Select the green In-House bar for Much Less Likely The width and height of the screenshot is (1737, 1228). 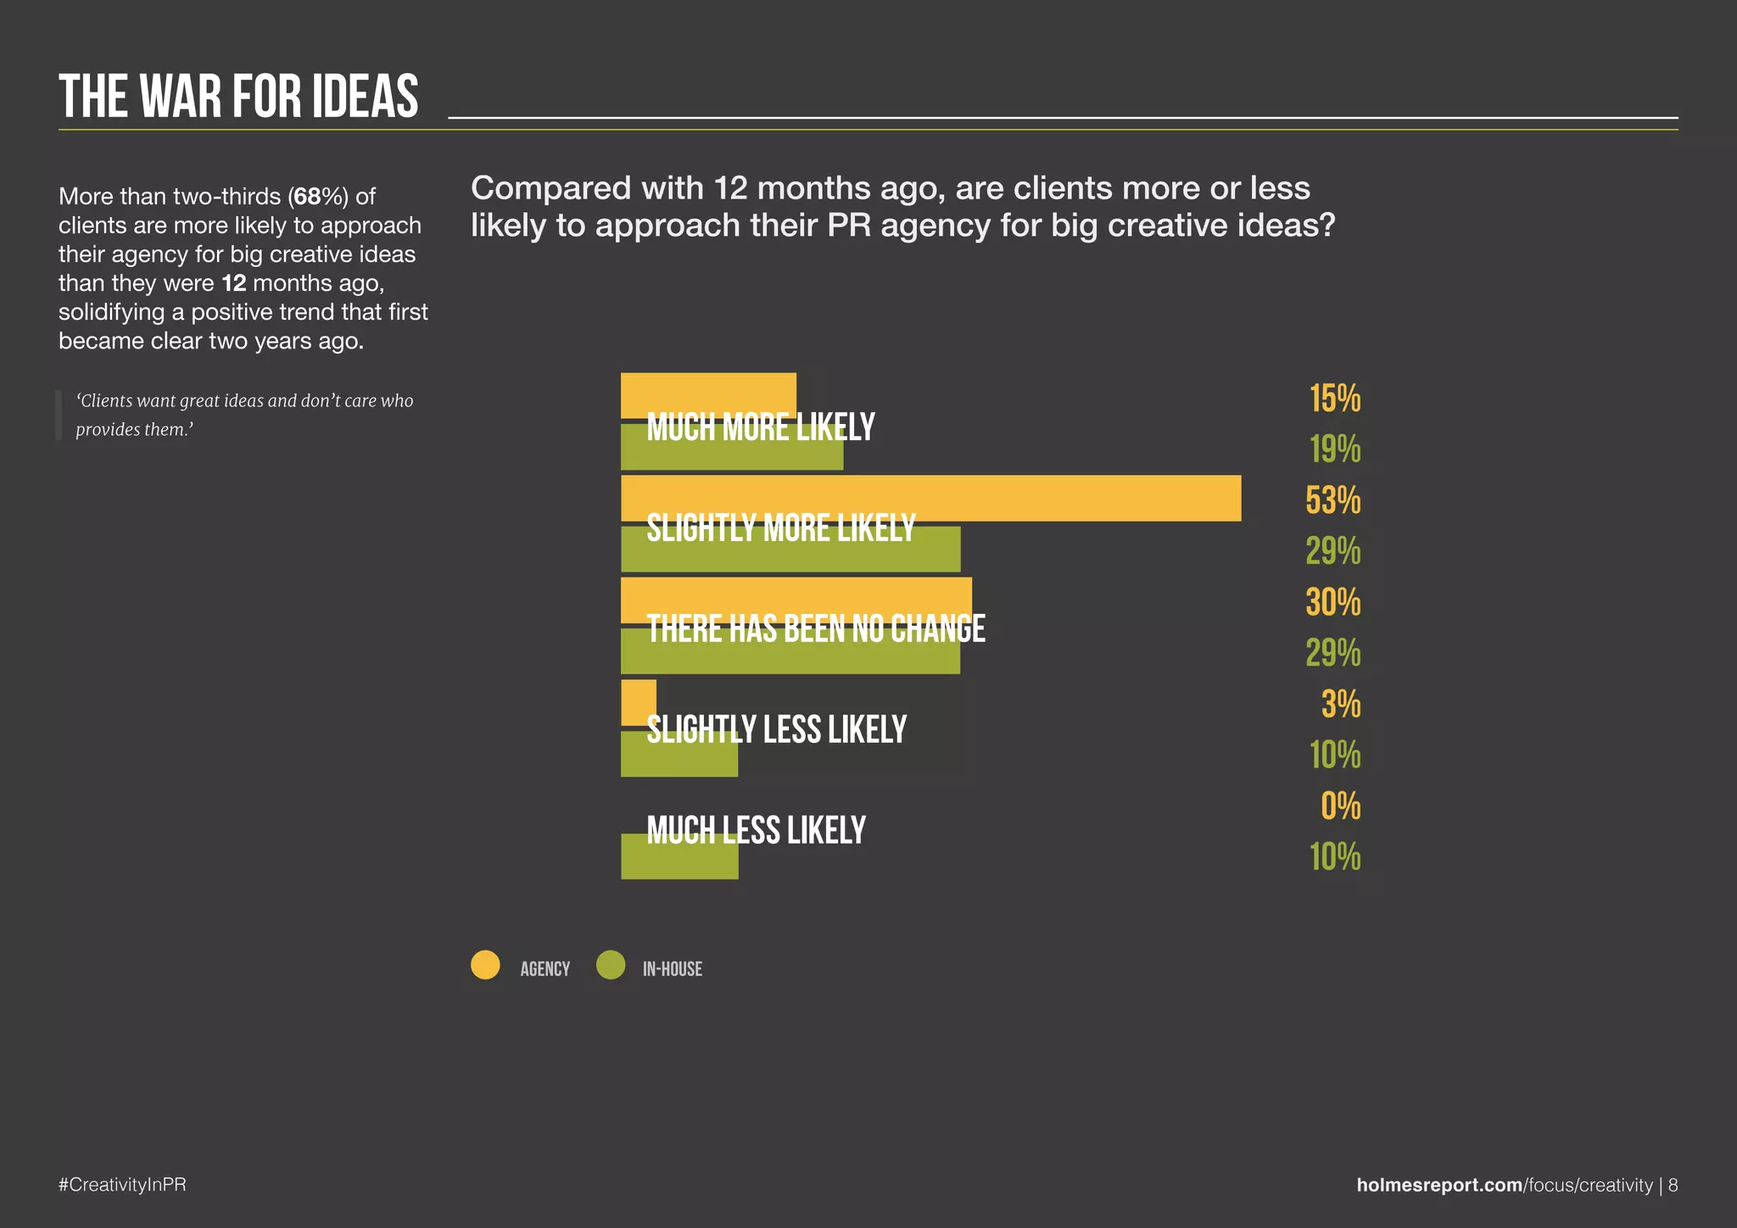pyautogui.click(x=679, y=857)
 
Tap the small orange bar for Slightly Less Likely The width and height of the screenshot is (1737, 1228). pyautogui.click(x=639, y=702)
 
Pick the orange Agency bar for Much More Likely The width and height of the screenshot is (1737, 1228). pyautogui.click(x=708, y=395)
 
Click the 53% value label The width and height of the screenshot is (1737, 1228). pyautogui.click(x=1332, y=500)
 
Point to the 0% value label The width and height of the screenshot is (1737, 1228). pyautogui.click(x=1340, y=806)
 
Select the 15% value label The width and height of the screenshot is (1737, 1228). pyautogui.click(x=1335, y=399)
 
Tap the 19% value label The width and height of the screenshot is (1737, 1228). pyautogui.click(x=1335, y=449)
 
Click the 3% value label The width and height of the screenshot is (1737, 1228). pyautogui.click(x=1341, y=704)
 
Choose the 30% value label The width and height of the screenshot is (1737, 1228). pyautogui.click(x=1332, y=602)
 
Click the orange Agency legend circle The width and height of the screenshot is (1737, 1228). pyautogui.click(x=485, y=965)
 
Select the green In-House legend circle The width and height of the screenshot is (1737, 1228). pyautogui.click(x=611, y=965)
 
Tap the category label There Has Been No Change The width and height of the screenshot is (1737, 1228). pyautogui.click(x=816, y=629)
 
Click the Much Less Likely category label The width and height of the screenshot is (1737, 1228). pyautogui.click(x=756, y=830)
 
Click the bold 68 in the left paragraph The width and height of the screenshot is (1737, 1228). pyautogui.click(x=307, y=197)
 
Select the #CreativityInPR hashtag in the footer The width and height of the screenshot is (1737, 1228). pyautogui.click(x=122, y=1185)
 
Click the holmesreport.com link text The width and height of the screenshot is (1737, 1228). pyautogui.click(x=1439, y=1185)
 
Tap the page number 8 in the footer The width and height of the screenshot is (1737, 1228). pyautogui.click(x=1673, y=1185)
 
